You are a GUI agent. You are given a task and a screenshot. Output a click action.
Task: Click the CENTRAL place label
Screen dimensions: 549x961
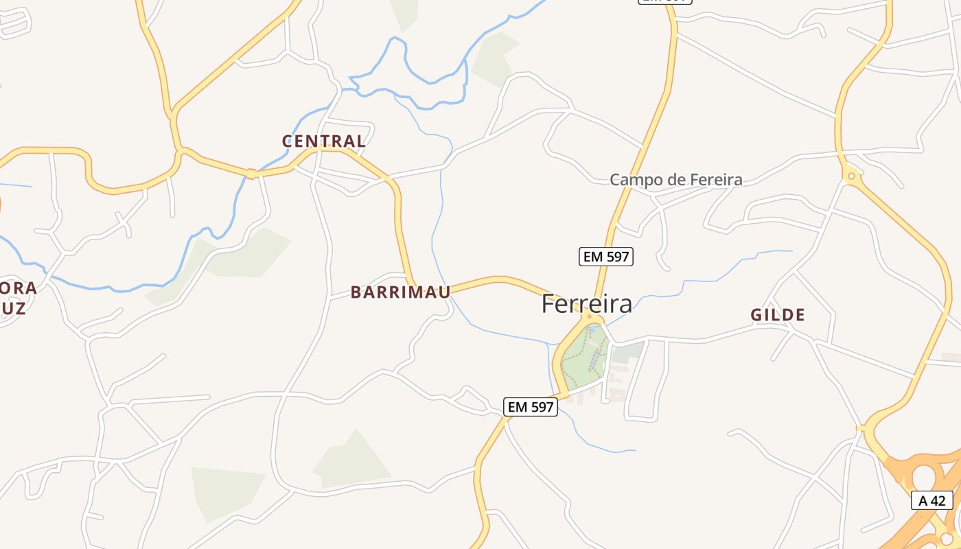click(x=323, y=141)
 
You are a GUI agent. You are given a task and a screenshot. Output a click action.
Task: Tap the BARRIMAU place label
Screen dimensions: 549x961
click(x=400, y=292)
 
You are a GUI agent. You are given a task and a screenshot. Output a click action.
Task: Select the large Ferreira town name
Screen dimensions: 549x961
click(x=586, y=304)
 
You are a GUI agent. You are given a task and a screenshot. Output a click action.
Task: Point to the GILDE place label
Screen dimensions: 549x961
click(x=777, y=315)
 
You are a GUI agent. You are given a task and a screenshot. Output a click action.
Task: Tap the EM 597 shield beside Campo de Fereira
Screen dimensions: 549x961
click(x=605, y=257)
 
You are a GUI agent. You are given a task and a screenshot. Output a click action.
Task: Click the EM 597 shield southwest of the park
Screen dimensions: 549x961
click(x=530, y=407)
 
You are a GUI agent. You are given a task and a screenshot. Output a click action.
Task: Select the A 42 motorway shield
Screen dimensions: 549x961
click(x=931, y=500)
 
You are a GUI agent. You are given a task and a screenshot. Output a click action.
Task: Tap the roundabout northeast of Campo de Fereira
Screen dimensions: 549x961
click(x=851, y=176)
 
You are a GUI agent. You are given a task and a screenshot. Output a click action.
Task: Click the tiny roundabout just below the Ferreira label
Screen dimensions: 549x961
click(x=589, y=317)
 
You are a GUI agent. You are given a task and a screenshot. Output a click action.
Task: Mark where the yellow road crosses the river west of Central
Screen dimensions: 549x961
click(x=251, y=174)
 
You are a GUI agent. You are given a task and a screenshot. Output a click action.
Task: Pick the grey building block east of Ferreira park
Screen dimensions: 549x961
click(x=627, y=353)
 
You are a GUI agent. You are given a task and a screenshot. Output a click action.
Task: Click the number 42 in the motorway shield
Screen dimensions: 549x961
click(x=938, y=500)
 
